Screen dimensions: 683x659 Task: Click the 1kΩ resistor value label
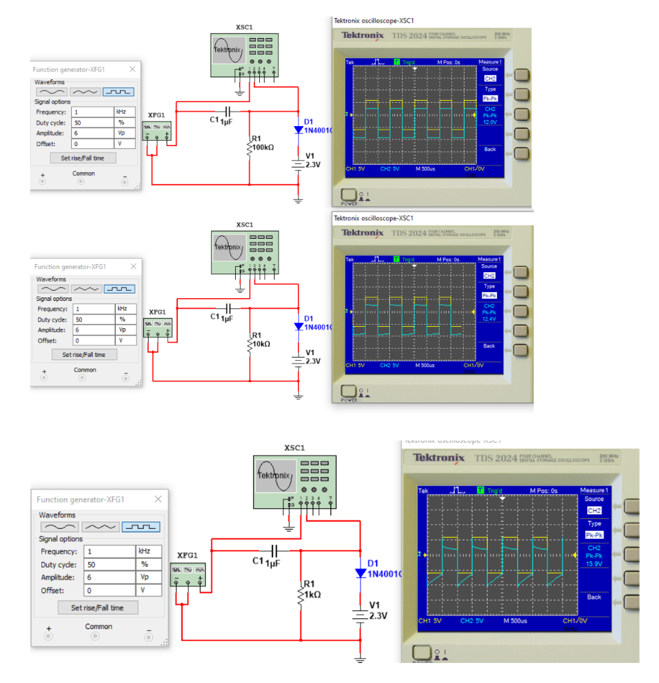point(313,594)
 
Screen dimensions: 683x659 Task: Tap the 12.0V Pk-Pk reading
point(490,122)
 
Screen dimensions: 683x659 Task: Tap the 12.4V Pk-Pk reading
point(490,319)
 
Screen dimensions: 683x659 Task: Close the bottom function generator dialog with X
point(158,500)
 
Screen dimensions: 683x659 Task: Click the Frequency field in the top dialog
point(93,112)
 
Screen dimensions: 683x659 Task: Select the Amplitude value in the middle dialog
point(94,330)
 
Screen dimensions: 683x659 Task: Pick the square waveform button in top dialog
point(118,92)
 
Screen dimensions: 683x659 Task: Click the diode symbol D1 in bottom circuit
point(360,573)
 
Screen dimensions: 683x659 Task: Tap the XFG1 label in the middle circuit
point(157,311)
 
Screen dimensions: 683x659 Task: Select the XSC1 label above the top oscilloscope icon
point(244,27)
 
